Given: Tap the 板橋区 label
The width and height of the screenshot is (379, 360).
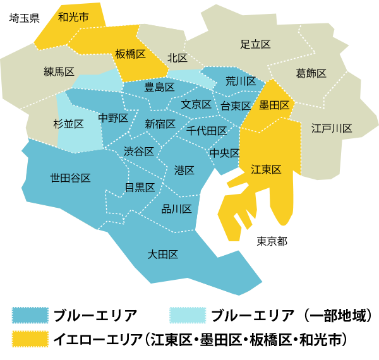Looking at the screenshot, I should [131, 54].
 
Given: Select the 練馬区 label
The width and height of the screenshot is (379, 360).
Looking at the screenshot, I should [59, 71].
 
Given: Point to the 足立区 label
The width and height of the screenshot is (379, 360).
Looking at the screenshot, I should [256, 44].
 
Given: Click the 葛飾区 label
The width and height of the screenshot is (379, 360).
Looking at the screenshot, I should [311, 73].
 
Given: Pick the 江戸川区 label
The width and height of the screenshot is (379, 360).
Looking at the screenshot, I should [332, 128].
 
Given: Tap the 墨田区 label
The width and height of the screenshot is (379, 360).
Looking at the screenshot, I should [275, 105].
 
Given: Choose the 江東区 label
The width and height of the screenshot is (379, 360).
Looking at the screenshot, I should [266, 169].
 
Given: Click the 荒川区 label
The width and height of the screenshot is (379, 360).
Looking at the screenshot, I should [241, 81].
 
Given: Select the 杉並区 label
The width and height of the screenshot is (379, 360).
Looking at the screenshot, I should [69, 124].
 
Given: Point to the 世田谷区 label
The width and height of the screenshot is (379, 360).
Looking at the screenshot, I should [70, 178].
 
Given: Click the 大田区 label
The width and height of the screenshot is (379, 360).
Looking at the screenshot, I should [162, 255].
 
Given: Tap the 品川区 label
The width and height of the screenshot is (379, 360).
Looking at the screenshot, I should [177, 209].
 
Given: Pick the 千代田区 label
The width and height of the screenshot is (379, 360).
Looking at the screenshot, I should [207, 131].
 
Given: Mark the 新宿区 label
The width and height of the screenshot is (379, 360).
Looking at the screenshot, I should [160, 124].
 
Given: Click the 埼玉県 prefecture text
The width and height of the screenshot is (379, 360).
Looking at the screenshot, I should [25, 18].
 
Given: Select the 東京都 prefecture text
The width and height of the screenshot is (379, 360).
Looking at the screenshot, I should [272, 241].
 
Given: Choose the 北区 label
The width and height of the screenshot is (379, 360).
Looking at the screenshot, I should [177, 58].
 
